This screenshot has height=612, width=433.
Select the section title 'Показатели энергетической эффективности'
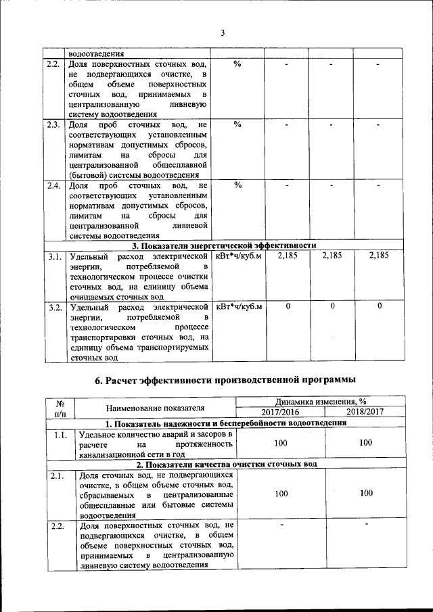pos(225,245)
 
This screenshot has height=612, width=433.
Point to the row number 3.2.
pos(54,308)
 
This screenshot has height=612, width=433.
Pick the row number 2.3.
pos(54,125)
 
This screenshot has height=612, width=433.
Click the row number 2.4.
pos(54,185)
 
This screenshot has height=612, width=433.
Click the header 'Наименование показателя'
pos(155,407)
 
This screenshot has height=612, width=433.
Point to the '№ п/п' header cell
pos(60,407)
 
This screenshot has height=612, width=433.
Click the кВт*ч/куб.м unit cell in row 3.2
pos(238,308)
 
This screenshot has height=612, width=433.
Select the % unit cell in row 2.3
pos(237,125)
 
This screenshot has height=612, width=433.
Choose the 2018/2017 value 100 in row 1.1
pos(366,443)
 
